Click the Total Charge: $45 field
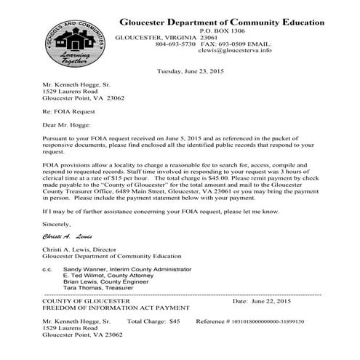(x=153, y=321)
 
